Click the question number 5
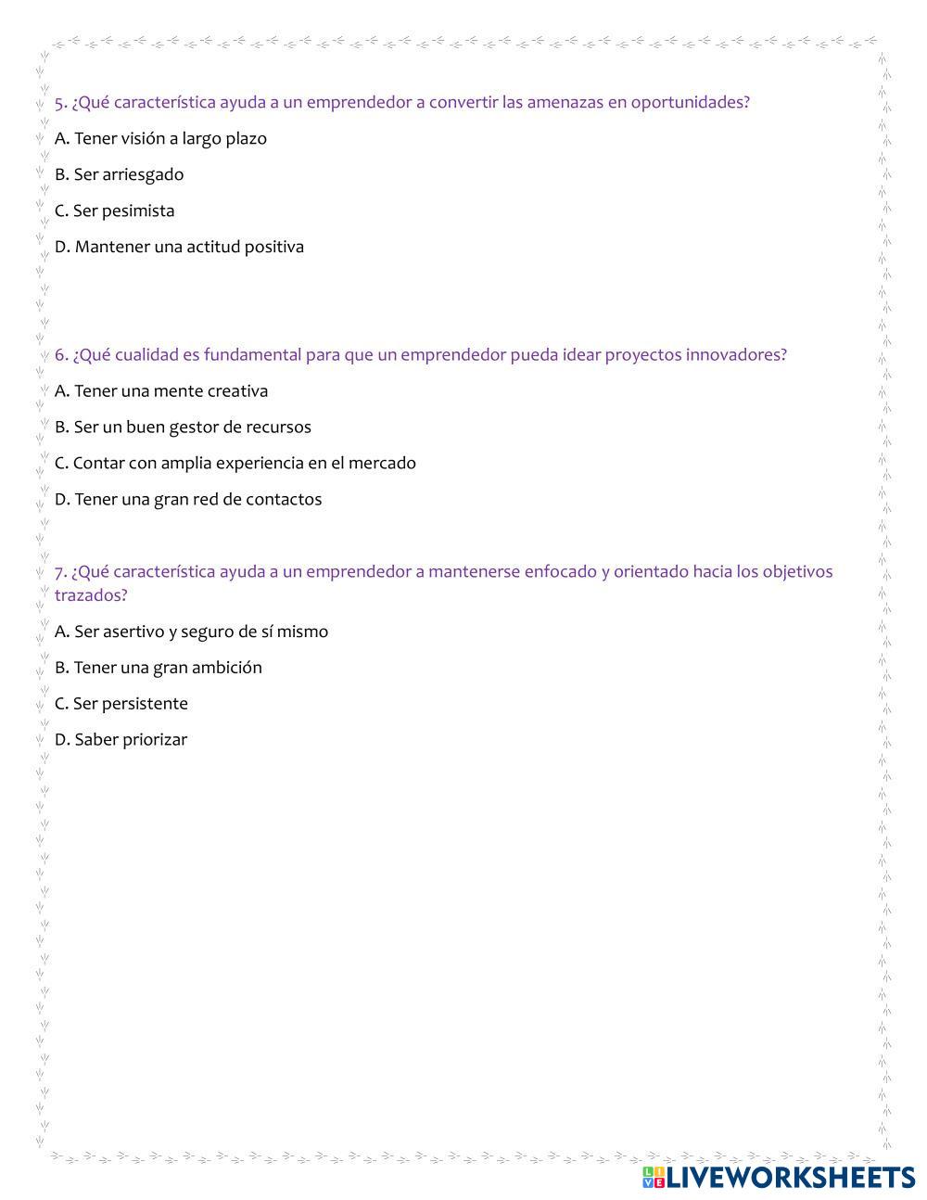[60, 102]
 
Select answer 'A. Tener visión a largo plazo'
[160, 138]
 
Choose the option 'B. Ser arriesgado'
[119, 174]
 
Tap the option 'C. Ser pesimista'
[114, 211]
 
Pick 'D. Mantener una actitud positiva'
[179, 247]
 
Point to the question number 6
[60, 354]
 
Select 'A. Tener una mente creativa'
[161, 390]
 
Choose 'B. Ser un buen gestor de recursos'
[183, 427]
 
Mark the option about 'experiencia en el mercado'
[235, 463]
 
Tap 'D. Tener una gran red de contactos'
[188, 499]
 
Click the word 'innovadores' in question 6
[735, 354]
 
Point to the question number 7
[60, 571]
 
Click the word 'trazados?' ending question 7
[90, 595]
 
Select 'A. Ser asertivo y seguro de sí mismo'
[191, 632]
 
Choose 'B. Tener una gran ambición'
[158, 668]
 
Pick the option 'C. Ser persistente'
[121, 704]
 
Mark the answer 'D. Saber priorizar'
[121, 740]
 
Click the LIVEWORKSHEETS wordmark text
[791, 1177]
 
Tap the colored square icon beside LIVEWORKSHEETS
[654, 1177]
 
